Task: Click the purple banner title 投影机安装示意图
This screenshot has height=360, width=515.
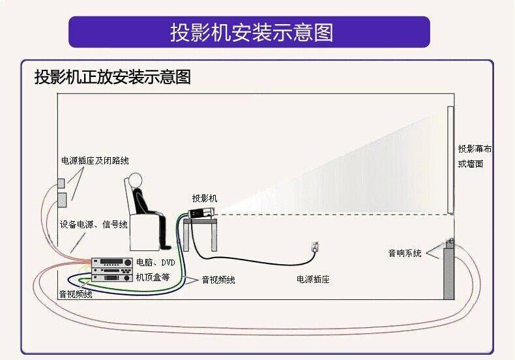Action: [x=251, y=32]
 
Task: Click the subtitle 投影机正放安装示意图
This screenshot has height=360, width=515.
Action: [x=112, y=77]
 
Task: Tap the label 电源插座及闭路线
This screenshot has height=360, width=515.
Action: [x=95, y=160]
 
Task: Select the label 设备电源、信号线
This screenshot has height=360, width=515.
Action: [x=94, y=224]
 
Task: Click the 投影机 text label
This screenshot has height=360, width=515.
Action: [x=205, y=198]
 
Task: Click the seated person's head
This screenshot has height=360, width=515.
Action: [x=134, y=179]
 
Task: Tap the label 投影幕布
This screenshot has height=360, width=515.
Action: [x=475, y=149]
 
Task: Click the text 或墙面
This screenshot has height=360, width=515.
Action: [x=471, y=164]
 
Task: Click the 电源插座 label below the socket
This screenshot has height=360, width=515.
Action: [x=313, y=279]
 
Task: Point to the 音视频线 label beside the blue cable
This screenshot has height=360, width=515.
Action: [x=218, y=280]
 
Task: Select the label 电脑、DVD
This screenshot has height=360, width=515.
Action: [x=155, y=262]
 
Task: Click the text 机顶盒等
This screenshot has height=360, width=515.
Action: [x=153, y=277]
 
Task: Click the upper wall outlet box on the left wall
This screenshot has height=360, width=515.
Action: [x=61, y=183]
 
